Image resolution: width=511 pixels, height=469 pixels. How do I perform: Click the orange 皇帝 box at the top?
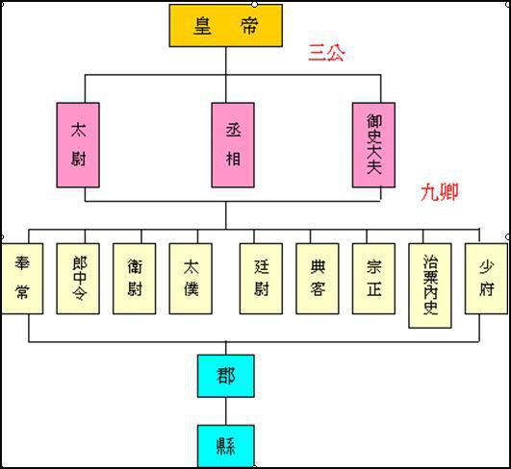(x=226, y=26)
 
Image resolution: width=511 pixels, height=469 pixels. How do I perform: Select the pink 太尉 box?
(x=78, y=144)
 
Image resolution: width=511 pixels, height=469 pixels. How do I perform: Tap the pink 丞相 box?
(x=233, y=144)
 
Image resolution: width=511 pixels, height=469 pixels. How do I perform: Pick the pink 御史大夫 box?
(x=373, y=144)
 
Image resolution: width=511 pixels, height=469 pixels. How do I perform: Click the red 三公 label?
(x=326, y=53)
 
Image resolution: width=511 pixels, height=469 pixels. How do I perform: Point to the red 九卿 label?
(x=439, y=192)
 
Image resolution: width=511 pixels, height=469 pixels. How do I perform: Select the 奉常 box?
(x=22, y=279)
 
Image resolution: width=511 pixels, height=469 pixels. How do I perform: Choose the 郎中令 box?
(x=78, y=279)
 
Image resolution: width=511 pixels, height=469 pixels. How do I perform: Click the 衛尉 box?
(x=135, y=279)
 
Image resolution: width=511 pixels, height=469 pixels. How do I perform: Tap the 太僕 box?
(x=191, y=279)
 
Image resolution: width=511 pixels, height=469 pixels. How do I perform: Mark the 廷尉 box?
(x=261, y=279)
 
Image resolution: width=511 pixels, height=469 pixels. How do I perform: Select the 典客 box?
(x=318, y=279)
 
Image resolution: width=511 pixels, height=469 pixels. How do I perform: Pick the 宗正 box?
(x=373, y=279)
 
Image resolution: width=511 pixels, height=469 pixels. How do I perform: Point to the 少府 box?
(x=486, y=279)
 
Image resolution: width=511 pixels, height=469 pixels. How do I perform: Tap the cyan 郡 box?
(x=226, y=377)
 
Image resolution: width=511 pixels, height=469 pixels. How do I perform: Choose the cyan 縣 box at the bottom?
(x=226, y=446)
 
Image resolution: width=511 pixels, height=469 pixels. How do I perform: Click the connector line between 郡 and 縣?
(x=226, y=411)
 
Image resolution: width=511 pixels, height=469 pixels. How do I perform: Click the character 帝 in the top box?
(x=248, y=26)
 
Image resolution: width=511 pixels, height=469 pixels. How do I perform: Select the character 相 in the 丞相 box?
(x=233, y=158)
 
